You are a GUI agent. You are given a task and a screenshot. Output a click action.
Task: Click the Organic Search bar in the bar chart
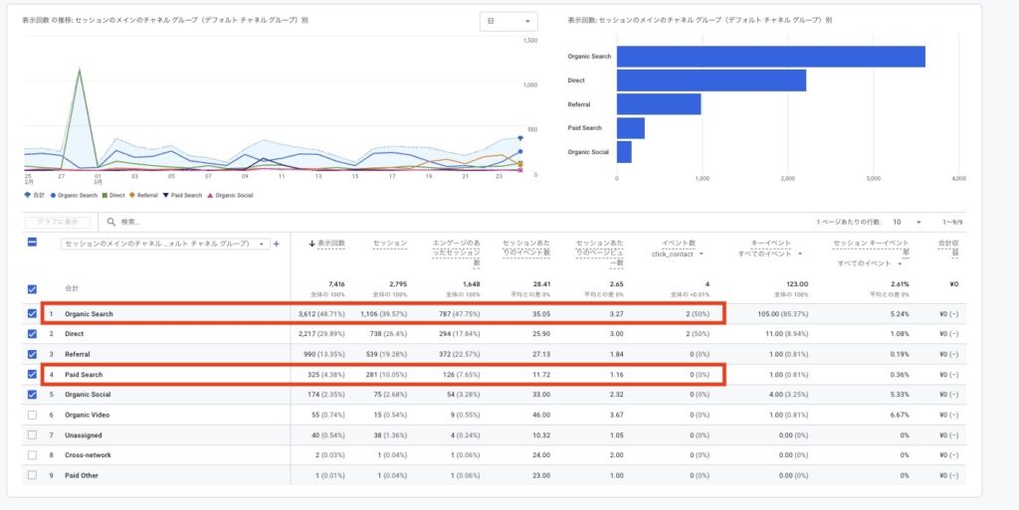(770, 57)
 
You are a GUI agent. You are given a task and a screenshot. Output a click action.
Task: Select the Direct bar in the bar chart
(711, 81)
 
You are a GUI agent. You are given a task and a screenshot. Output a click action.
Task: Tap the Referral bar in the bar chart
(658, 104)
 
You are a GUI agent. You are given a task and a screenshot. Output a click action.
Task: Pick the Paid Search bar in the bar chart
(630, 128)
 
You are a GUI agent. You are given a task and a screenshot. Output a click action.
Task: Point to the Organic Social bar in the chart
(624, 152)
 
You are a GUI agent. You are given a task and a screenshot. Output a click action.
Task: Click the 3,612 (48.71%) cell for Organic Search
(320, 314)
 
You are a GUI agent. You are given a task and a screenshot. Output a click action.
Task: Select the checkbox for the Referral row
(33, 354)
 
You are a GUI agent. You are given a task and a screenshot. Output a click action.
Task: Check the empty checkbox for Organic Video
(33, 415)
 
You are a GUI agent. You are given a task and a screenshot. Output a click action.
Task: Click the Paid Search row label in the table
(84, 375)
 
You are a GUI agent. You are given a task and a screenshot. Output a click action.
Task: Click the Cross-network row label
(88, 455)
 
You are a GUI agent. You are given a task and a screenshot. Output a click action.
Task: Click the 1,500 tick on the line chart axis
(530, 41)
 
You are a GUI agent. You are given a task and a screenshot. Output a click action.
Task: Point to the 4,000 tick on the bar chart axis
(958, 179)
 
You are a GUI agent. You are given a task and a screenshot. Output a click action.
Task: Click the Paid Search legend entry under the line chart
(184, 196)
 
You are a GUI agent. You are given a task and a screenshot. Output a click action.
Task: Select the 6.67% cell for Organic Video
(900, 415)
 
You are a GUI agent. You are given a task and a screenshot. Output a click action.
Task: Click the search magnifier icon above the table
(111, 222)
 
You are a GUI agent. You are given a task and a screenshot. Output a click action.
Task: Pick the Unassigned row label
(83, 434)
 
